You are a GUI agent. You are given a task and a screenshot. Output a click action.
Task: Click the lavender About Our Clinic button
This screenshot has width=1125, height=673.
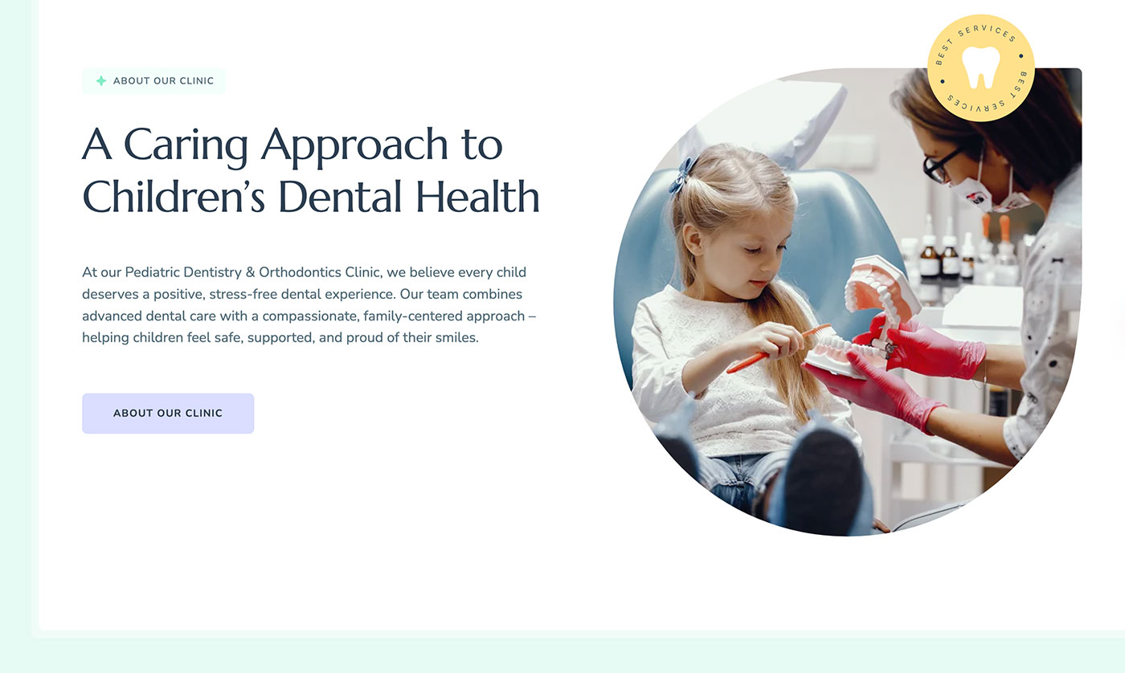click(168, 414)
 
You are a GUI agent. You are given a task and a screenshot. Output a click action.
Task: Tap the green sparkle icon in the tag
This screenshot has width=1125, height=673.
click(101, 81)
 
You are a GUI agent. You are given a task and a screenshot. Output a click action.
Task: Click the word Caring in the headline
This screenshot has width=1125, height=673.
click(186, 145)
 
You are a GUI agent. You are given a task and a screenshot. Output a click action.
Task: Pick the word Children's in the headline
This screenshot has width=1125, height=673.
click(174, 197)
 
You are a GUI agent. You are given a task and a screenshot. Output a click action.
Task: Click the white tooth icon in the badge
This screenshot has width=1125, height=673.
click(980, 67)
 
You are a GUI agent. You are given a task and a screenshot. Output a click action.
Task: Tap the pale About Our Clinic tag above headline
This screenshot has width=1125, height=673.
click(153, 81)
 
